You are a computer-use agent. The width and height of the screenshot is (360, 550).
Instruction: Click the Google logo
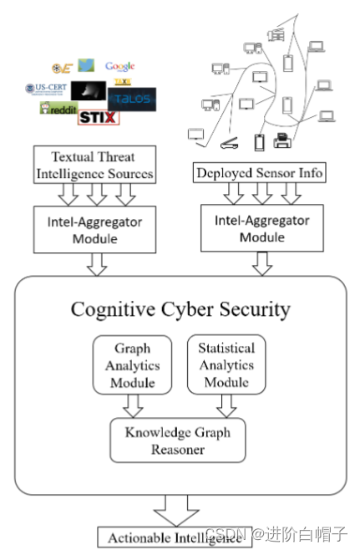(119, 66)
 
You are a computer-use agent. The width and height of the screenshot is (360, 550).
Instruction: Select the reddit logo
(57, 109)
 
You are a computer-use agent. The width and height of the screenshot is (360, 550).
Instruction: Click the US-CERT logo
(46, 88)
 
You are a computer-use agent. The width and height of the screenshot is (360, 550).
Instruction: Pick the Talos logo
(133, 98)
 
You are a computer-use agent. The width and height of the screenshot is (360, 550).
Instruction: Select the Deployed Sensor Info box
(259, 173)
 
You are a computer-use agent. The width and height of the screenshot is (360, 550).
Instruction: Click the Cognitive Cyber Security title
(180, 309)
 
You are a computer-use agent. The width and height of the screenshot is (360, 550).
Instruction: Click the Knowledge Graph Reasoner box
(177, 441)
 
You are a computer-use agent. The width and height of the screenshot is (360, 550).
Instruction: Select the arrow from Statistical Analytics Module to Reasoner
(226, 405)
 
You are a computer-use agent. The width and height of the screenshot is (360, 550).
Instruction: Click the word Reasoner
(177, 450)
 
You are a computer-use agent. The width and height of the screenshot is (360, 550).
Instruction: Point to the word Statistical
(226, 347)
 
